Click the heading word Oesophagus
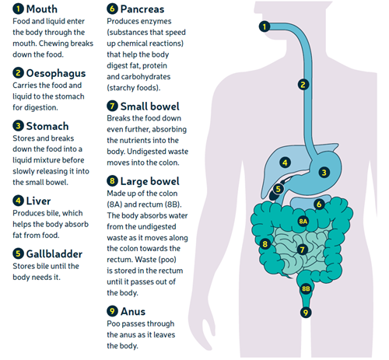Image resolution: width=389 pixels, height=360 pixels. coord(56,74)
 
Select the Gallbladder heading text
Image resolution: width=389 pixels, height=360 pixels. coord(54,254)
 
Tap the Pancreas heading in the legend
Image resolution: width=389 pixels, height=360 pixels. coord(142,9)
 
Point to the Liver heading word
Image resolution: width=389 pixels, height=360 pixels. coord(38,201)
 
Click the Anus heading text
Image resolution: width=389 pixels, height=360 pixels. coord(133,311)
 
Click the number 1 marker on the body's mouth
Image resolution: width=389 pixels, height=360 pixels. coord(265,26)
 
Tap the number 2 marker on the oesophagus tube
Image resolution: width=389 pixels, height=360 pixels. coord(303,85)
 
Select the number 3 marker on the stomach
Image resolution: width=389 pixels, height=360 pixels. coord(324,173)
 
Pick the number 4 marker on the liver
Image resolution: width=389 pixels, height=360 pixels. coord(285,163)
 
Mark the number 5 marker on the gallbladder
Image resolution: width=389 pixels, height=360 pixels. coord(278,189)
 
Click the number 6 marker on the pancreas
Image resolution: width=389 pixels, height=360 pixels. coord(319,204)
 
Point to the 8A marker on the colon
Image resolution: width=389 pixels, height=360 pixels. coord(303,221)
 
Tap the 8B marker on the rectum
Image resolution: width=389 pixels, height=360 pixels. coord(306,288)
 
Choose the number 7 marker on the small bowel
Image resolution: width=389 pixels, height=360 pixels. coord(302,250)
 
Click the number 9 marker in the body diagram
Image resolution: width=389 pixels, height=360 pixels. coord(306,313)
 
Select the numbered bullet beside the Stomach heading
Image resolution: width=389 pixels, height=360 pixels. coord(18,126)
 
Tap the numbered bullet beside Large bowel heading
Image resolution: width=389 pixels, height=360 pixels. coord(112,180)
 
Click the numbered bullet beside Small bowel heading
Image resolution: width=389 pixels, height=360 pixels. coord(112,106)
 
